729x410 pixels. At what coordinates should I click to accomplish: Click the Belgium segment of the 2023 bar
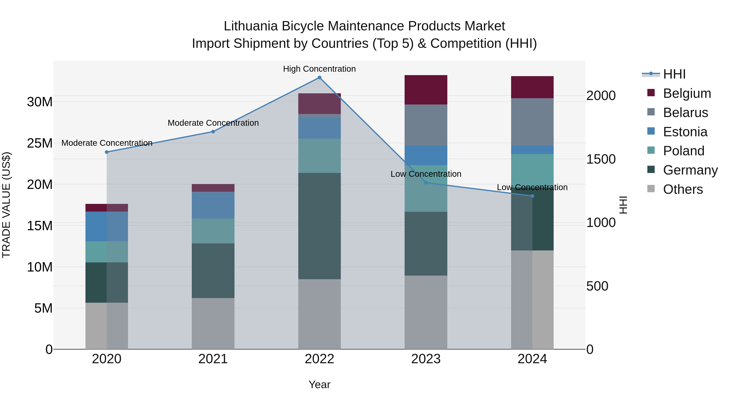click(x=426, y=90)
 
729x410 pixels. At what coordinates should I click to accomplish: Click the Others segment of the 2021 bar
click(x=213, y=323)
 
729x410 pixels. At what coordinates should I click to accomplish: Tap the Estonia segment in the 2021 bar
click(x=213, y=205)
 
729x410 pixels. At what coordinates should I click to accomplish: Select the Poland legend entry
click(x=683, y=151)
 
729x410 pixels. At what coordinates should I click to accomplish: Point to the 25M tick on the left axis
click(x=40, y=143)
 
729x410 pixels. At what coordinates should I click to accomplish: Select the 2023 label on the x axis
click(x=426, y=359)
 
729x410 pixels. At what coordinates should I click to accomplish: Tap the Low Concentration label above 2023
click(x=426, y=174)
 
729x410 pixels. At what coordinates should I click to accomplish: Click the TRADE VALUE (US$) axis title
click(x=6, y=205)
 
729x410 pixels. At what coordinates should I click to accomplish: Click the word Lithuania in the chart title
click(x=250, y=26)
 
